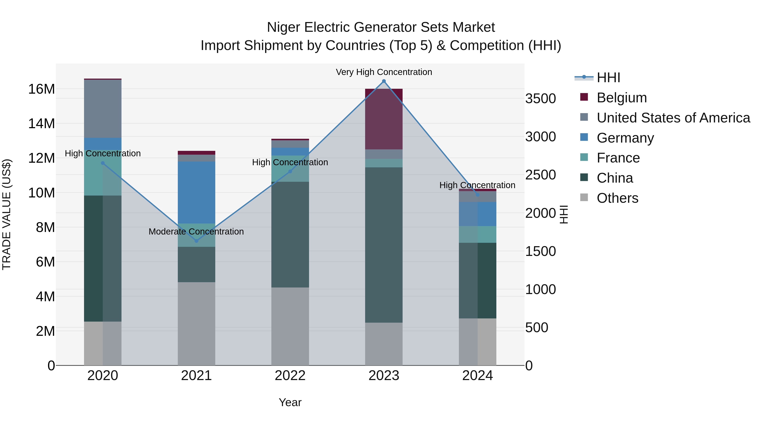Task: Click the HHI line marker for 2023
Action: [x=384, y=81]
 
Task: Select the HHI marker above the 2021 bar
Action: [x=196, y=241]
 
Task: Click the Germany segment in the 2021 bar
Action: [x=196, y=192]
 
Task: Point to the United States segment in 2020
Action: [x=103, y=109]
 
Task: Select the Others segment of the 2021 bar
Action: [x=196, y=323]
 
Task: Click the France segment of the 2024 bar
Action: [x=478, y=235]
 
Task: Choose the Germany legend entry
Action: [x=625, y=138]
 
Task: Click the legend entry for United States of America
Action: [x=673, y=118]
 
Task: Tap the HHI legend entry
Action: [x=608, y=78]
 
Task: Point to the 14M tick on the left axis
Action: [x=41, y=124]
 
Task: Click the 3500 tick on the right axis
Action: [x=540, y=99]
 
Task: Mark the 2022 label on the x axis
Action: [x=290, y=376]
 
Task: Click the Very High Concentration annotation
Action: [x=384, y=72]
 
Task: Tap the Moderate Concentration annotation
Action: [x=196, y=232]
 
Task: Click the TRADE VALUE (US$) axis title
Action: [x=7, y=214]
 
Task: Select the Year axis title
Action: [x=290, y=402]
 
